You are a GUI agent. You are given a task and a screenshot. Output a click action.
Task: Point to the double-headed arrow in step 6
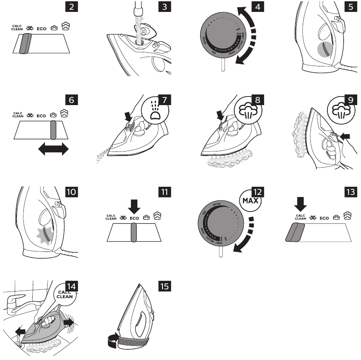pyautogui.click(x=53, y=149)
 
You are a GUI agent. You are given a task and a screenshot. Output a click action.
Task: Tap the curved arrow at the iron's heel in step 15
pyautogui.click(x=112, y=339)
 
